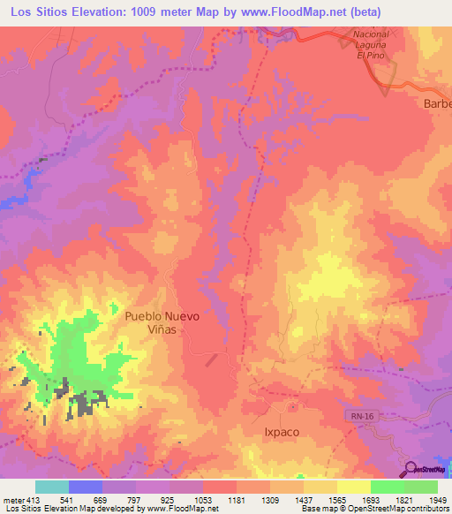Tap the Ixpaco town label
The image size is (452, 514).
[x=282, y=433]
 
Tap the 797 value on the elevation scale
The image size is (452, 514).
[x=136, y=501]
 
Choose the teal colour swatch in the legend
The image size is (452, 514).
[x=52, y=487]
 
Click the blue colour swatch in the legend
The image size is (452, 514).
[x=86, y=487]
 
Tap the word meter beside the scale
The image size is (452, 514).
[x=12, y=501]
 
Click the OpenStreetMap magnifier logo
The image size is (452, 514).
[x=411, y=469]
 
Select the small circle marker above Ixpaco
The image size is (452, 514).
[x=291, y=407]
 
